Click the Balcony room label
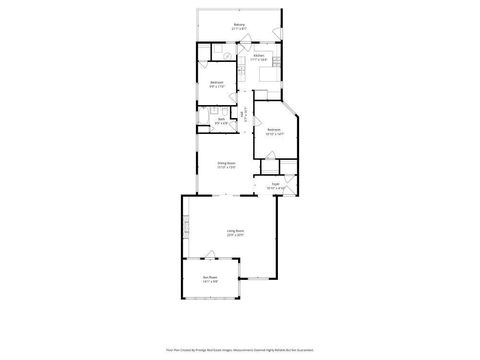coord(239,24)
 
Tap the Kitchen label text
coord(258,56)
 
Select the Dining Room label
coord(227,163)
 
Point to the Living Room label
coord(235,231)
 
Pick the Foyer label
coord(275,184)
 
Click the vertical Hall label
coord(246,115)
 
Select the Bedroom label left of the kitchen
coord(217,82)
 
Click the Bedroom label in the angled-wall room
coord(274,130)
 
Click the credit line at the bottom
coord(239,350)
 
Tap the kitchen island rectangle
coord(269,75)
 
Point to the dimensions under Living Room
coord(235,236)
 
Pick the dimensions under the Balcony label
coord(239,29)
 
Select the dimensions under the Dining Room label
coord(227,168)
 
